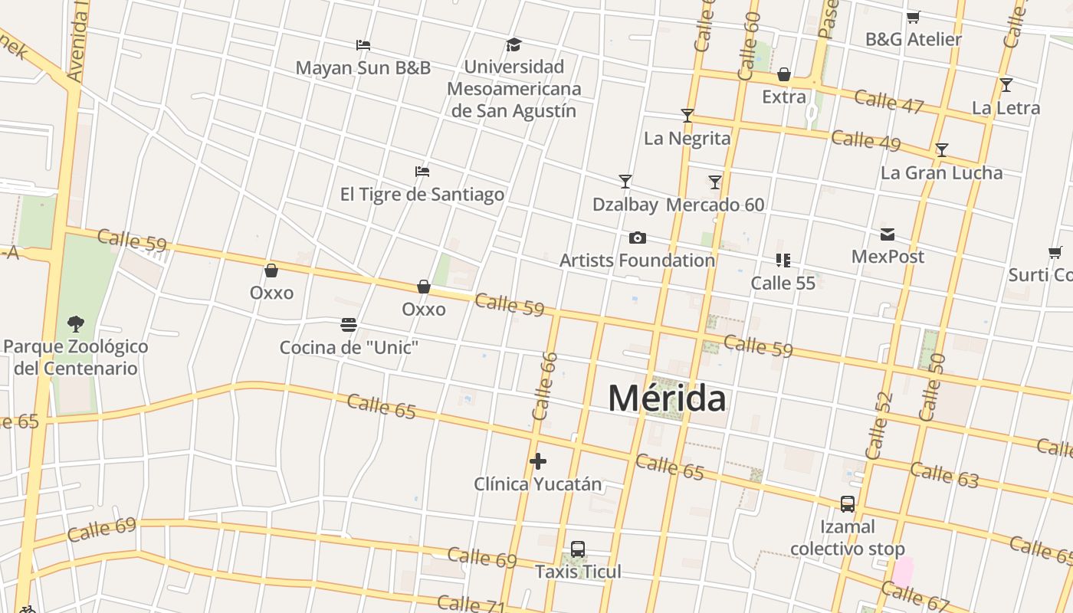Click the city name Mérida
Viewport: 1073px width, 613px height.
667,398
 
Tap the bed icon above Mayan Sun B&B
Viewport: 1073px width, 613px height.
363,45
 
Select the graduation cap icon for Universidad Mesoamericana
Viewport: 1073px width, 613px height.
514,45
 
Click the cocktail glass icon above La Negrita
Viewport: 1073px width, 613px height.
687,116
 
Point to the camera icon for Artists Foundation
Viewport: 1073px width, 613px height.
637,238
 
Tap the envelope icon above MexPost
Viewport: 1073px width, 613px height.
888,234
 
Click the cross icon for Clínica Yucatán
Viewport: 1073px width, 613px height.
538,461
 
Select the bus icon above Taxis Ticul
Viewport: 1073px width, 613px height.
578,549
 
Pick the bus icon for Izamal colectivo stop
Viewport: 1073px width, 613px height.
848,504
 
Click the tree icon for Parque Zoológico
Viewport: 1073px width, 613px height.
75,324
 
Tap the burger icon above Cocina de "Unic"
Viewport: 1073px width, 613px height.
349,325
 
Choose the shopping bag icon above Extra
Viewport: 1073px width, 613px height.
784,74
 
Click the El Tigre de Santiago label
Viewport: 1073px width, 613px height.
422,194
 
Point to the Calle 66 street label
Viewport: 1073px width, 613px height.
544,385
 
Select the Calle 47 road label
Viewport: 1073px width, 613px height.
888,101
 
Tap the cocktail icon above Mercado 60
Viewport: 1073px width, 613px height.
715,182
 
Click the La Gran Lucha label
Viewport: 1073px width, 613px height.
941,172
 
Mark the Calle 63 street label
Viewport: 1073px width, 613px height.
944,474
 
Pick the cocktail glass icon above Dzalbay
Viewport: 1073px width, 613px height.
625,182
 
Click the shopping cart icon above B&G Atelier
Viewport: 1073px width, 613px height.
913,17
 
